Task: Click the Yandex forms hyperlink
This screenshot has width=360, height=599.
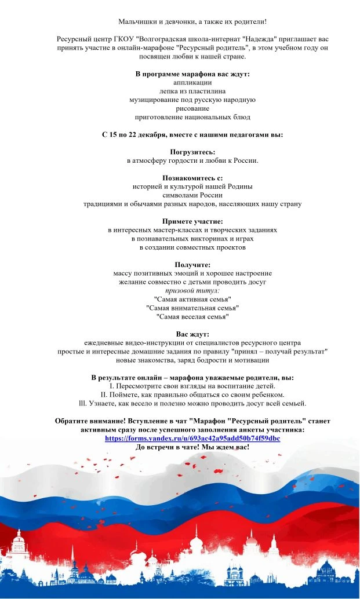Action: pyautogui.click(x=192, y=439)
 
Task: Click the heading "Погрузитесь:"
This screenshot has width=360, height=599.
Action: pyautogui.click(x=192, y=152)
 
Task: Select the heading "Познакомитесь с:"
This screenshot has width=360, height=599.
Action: pyautogui.click(x=192, y=178)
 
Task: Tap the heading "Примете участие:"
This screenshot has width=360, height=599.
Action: pyautogui.click(x=192, y=221)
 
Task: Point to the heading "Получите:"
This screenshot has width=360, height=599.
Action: pyautogui.click(x=192, y=265)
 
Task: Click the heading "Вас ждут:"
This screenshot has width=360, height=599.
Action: pyautogui.click(x=192, y=334)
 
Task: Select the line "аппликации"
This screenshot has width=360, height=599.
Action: pyautogui.click(x=192, y=82)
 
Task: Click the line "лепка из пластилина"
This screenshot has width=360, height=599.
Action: pyautogui.click(x=192, y=91)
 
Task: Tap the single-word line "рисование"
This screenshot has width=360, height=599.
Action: pyautogui.click(x=192, y=108)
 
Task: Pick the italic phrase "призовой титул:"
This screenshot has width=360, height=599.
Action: pyautogui.click(x=192, y=290)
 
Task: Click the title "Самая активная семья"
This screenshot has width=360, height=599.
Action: pyautogui.click(x=192, y=299)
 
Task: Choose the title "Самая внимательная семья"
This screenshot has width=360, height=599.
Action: pyautogui.click(x=192, y=308)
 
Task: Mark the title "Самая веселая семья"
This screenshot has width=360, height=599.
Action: pyautogui.click(x=192, y=317)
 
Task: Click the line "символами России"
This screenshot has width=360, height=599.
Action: pyautogui.click(x=192, y=195)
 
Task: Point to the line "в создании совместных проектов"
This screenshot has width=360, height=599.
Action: pyautogui.click(x=192, y=247)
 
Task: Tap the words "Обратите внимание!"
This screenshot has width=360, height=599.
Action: pyautogui.click(x=90, y=421)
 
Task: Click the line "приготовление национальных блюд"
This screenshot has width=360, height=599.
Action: pyautogui.click(x=192, y=117)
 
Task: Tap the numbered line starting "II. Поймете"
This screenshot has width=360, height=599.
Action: pyautogui.click(x=192, y=395)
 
